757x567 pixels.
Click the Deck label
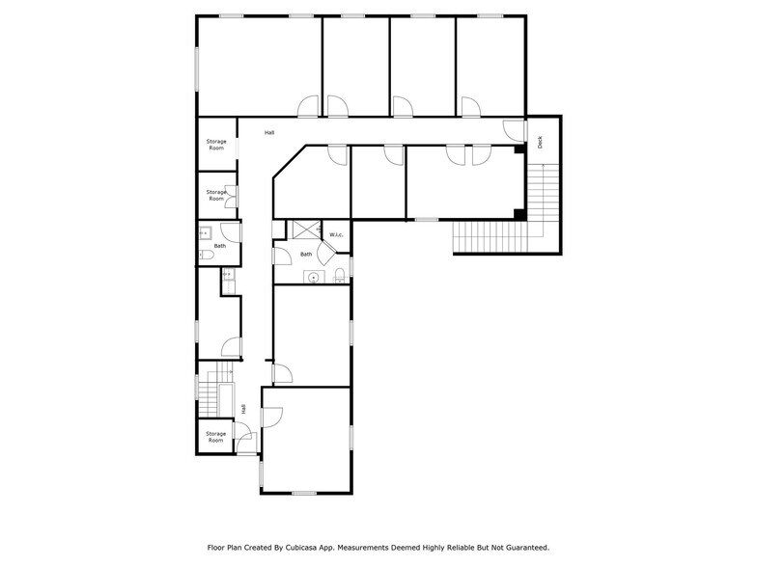(540, 142)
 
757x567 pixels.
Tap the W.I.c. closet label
(336, 235)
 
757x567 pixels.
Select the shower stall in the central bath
(306, 229)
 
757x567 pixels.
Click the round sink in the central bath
(313, 278)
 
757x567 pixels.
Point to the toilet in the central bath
(339, 278)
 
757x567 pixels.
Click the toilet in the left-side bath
(206, 256)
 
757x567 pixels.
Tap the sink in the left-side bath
(206, 233)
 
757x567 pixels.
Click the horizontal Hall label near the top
(270, 132)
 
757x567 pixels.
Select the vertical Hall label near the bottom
(243, 409)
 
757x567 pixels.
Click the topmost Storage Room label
(216, 145)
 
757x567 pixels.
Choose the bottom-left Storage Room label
(216, 437)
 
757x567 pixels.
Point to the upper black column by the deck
(519, 149)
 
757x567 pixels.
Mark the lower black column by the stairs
(519, 214)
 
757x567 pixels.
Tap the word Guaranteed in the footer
(520, 547)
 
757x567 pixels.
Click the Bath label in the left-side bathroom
(220, 246)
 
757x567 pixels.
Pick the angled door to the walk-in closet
(325, 252)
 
